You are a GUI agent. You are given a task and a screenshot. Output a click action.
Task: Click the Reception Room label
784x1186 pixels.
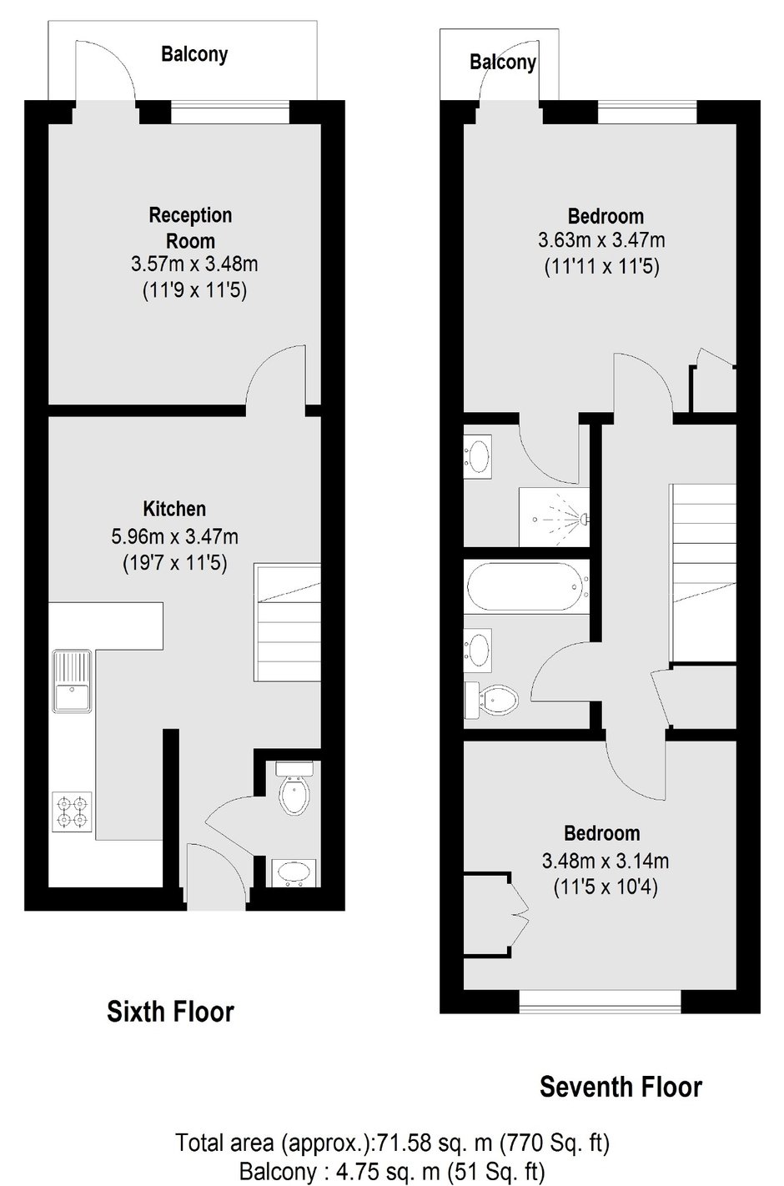(x=190, y=229)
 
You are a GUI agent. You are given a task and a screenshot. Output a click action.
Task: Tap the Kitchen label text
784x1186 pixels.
(x=174, y=510)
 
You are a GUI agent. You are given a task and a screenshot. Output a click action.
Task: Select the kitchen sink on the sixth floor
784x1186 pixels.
(x=72, y=681)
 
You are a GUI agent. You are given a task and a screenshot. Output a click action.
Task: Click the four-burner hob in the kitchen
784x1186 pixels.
(x=72, y=812)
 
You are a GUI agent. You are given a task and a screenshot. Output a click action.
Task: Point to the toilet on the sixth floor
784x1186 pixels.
(x=295, y=788)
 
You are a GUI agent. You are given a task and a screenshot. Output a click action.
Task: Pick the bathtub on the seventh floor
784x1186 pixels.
(x=526, y=587)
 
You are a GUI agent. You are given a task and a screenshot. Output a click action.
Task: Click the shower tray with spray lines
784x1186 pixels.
(x=554, y=517)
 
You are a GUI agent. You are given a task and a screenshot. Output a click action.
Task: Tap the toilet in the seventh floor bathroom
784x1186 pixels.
(x=491, y=700)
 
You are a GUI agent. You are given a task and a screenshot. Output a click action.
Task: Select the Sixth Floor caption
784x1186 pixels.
(x=170, y=1012)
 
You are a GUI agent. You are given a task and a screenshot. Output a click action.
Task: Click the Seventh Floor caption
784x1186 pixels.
(x=621, y=1087)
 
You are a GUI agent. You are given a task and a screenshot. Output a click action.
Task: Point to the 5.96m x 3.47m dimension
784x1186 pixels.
(x=174, y=537)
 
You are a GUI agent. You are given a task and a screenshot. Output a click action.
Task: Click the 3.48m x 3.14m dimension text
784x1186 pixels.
(x=605, y=862)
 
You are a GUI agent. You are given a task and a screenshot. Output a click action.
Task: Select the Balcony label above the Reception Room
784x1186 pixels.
(x=194, y=54)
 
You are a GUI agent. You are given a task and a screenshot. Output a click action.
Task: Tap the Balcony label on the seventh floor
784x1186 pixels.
(x=503, y=63)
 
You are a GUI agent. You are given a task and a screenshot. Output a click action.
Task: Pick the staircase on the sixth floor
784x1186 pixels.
(x=288, y=622)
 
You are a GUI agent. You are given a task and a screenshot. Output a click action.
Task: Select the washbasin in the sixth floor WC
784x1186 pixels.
(x=294, y=872)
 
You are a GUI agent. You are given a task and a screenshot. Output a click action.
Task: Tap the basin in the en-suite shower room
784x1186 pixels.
(x=478, y=456)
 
